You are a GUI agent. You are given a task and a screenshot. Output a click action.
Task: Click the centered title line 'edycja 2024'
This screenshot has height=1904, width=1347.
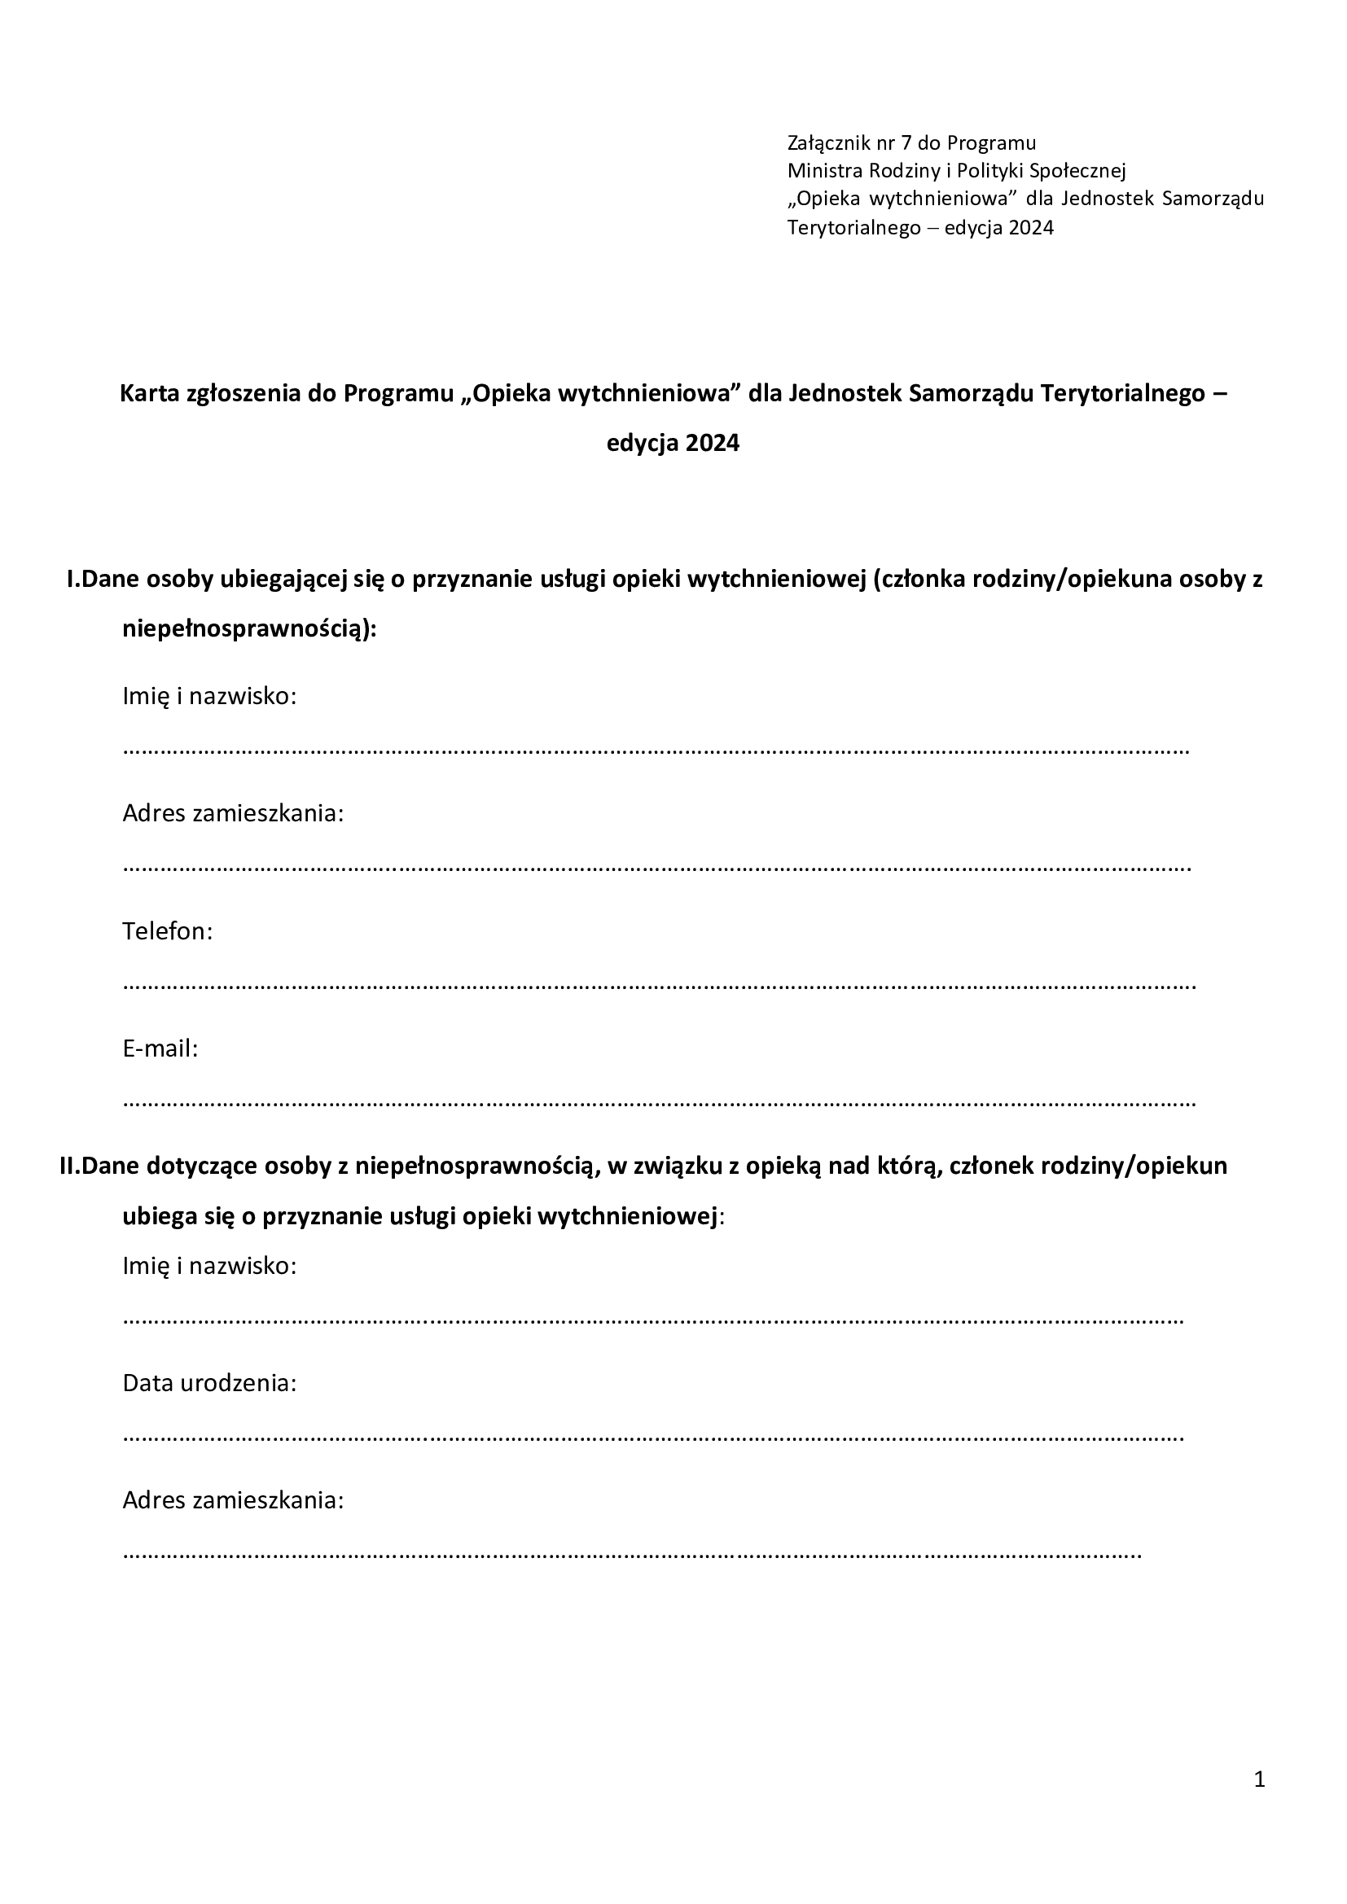(x=673, y=444)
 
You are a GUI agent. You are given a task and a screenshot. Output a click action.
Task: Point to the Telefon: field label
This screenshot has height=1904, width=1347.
(x=168, y=931)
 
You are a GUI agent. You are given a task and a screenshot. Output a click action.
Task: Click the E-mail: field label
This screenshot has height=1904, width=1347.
(x=160, y=1049)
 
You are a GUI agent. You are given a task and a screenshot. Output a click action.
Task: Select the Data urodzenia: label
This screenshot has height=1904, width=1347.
(x=209, y=1383)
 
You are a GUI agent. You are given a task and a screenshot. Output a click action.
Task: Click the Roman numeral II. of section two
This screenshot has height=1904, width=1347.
(x=70, y=1166)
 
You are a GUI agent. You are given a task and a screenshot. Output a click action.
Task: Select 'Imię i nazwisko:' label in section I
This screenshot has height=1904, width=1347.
(x=209, y=696)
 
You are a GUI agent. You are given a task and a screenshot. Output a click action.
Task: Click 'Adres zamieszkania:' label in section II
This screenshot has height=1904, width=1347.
(x=233, y=1500)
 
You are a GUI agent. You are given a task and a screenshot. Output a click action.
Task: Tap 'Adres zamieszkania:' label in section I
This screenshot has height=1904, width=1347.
(x=233, y=813)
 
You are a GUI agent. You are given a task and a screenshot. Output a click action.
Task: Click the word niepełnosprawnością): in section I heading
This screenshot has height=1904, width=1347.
(x=250, y=629)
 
